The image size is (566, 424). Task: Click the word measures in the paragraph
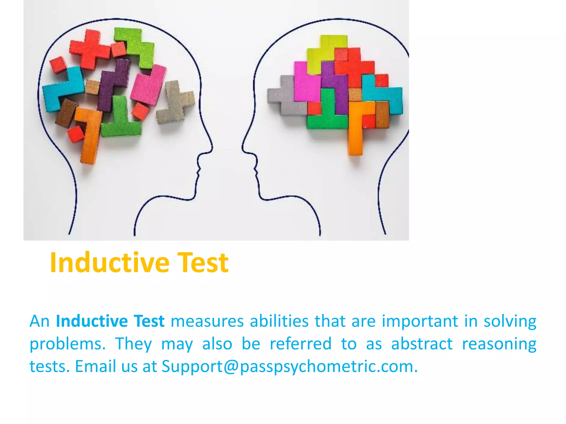pos(207,321)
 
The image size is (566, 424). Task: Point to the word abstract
pos(422,344)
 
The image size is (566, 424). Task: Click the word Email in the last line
pos(95,367)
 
